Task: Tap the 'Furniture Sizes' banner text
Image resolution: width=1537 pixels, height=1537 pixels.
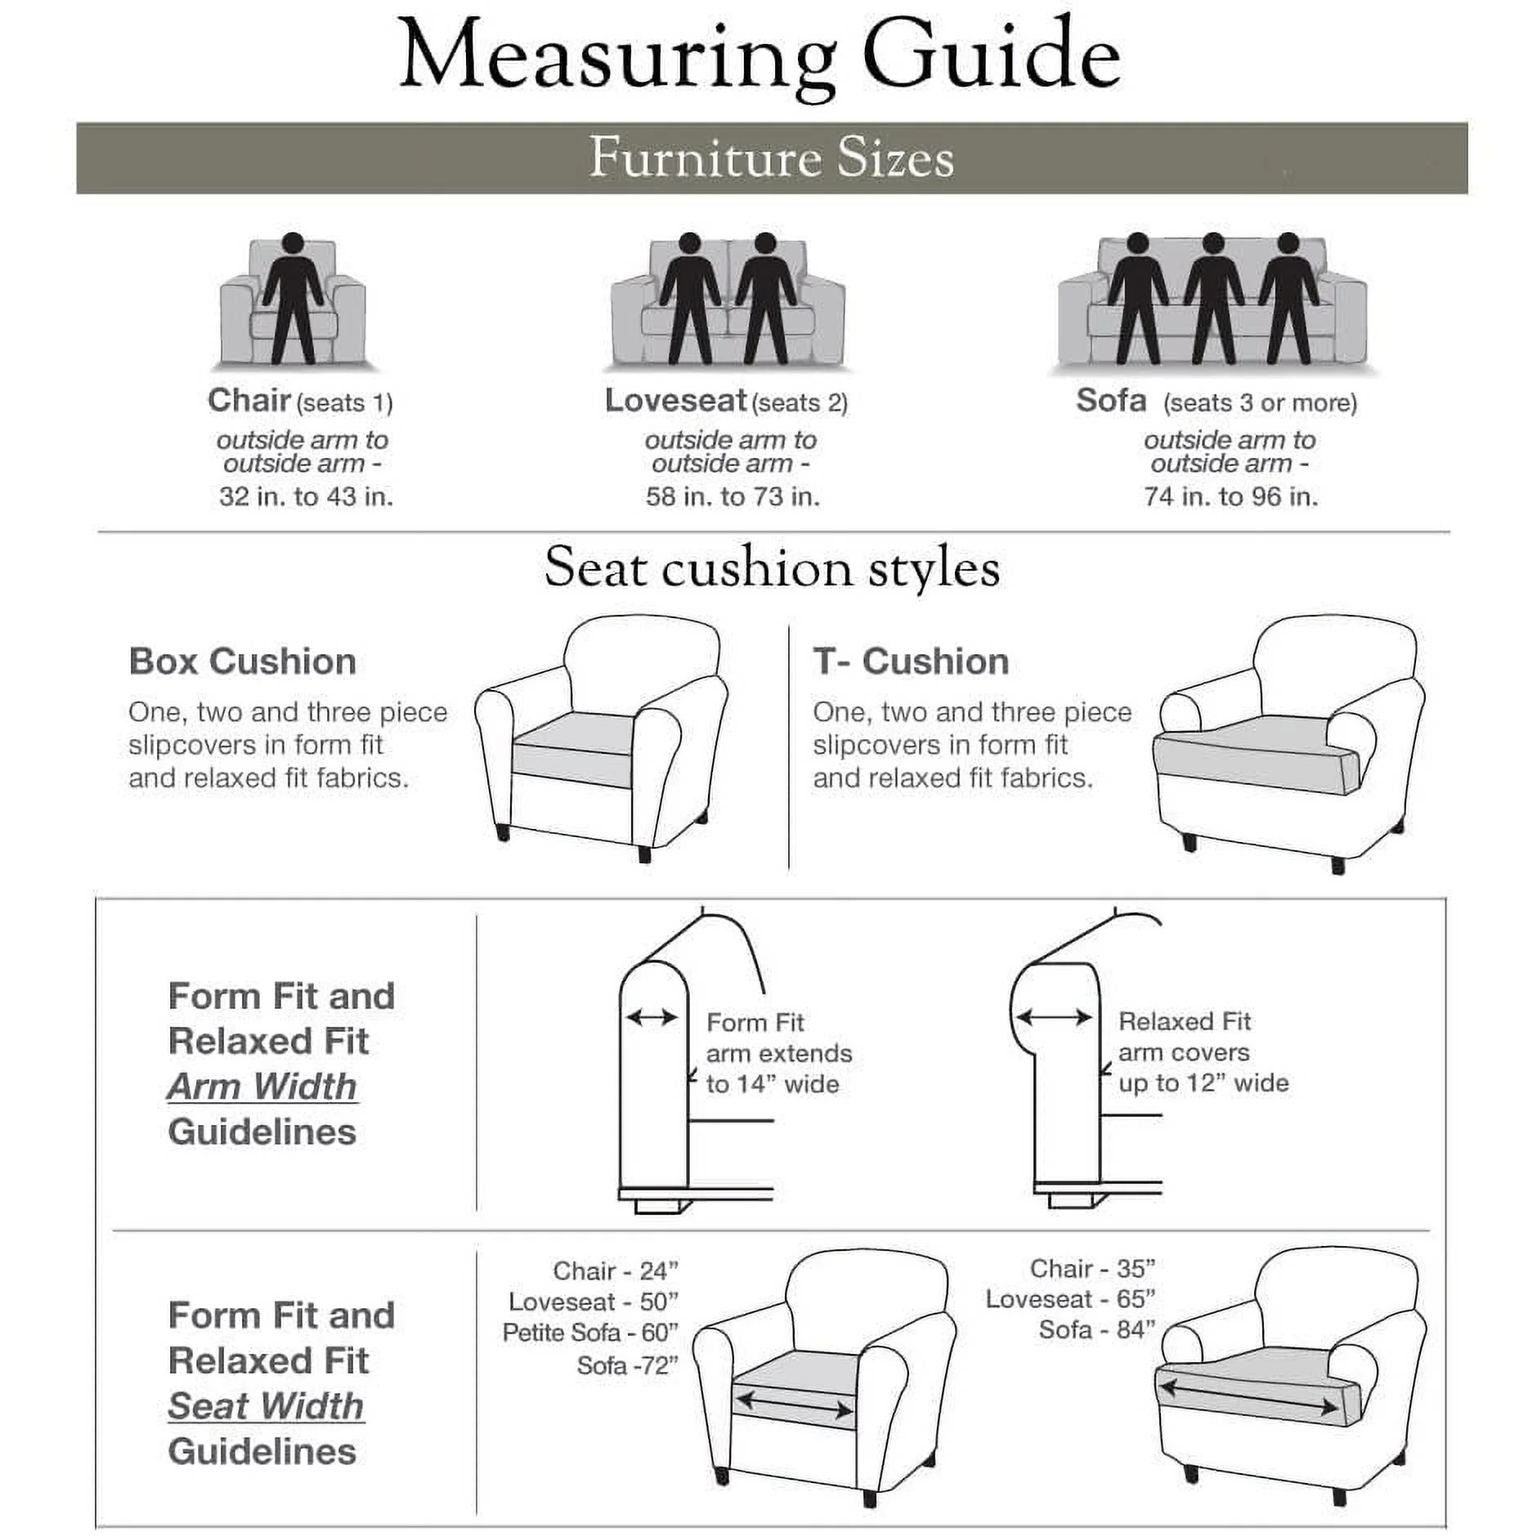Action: [x=771, y=158]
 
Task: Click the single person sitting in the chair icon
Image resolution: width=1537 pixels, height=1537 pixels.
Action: [x=293, y=298]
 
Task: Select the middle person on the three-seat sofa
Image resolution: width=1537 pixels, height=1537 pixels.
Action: [x=1213, y=298]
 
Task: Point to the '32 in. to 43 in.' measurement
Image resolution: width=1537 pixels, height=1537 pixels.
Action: [x=306, y=496]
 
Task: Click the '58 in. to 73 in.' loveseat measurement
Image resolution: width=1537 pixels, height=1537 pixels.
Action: [x=733, y=496]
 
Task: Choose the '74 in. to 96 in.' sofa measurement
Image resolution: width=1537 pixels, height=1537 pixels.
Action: [x=1230, y=496]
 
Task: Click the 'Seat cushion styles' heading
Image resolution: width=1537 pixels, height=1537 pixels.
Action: [x=772, y=567]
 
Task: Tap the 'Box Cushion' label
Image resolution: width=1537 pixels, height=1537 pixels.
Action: [x=242, y=661]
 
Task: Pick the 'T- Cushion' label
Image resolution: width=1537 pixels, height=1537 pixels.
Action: [x=911, y=661]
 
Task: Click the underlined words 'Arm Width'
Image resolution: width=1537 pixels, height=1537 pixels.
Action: [x=262, y=1087]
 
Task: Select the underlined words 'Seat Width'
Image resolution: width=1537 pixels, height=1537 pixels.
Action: [x=266, y=1406]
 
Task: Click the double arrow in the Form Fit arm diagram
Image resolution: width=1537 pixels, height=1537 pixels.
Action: [x=652, y=1017]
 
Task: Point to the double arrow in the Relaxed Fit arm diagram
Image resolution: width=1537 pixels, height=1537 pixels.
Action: [x=1054, y=1017]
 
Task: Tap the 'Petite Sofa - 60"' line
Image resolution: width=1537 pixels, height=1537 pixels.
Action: [x=590, y=1333]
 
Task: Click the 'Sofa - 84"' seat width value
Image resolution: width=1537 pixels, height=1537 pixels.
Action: [x=1096, y=1330]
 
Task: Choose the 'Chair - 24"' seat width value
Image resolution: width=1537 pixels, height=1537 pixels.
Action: [x=616, y=1270]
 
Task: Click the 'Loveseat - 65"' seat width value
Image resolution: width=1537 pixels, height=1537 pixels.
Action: [x=1070, y=1299]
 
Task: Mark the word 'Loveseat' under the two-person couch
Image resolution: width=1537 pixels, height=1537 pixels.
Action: [x=675, y=401]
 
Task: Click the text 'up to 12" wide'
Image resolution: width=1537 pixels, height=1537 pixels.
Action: [x=1203, y=1083]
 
